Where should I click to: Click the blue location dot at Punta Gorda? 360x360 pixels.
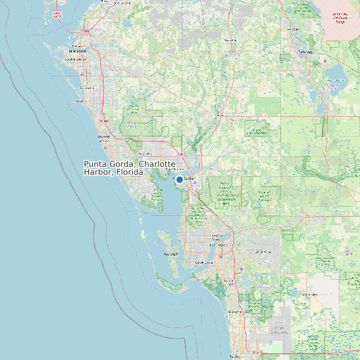tap(179, 179)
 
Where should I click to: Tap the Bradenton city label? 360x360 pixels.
tap(77, 51)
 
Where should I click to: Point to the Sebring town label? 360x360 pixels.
tap(306, 51)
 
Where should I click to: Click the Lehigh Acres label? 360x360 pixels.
tap(263, 252)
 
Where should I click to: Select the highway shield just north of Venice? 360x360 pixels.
tap(103, 122)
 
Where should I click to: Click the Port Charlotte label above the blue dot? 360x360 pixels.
tap(174, 169)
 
